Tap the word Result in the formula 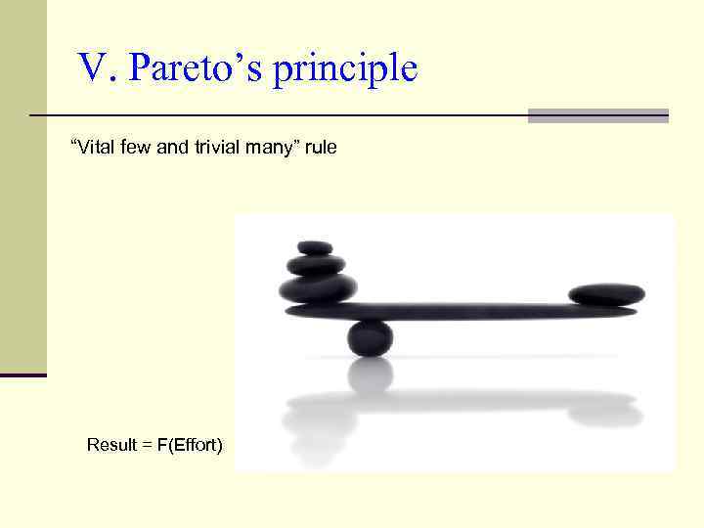(110, 445)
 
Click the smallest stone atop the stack (315, 248)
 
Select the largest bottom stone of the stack (318, 288)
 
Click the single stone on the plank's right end (606, 293)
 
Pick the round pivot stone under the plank (371, 337)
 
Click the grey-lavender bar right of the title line (597, 115)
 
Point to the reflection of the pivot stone (371, 375)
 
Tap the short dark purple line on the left (22, 374)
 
